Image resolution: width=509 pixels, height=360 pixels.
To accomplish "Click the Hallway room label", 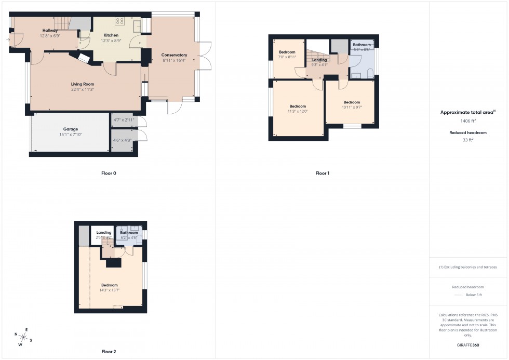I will click(50, 31).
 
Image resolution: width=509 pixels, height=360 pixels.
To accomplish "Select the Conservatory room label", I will click(174, 55).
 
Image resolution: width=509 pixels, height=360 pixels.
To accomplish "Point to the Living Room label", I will click(83, 84).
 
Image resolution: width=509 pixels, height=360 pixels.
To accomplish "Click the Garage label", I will click(71, 129).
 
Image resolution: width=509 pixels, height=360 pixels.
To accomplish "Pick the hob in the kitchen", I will click(120, 21).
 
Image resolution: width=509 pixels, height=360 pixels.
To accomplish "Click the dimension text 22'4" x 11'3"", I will click(83, 89).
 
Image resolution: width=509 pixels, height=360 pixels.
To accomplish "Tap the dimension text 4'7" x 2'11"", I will click(124, 120).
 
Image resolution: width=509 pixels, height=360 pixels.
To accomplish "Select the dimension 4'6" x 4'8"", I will click(124, 140).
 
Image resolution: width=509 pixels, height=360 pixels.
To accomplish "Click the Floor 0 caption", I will click(109, 173).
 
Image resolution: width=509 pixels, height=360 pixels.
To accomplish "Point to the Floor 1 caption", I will click(322, 173).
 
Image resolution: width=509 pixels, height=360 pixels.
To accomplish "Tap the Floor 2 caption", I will click(109, 352).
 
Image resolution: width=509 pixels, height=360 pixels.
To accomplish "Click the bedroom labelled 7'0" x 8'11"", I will click(287, 57).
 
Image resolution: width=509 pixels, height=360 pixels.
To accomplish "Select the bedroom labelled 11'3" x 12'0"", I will click(298, 111).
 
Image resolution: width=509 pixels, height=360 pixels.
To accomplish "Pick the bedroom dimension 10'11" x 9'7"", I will click(352, 108).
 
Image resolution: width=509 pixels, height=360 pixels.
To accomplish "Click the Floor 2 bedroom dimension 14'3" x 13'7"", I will click(110, 290).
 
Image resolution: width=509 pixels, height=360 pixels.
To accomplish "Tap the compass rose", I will click(23, 337).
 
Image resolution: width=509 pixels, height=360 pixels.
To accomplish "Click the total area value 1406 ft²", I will click(468, 121).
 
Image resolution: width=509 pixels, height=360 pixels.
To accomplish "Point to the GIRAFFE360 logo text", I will click(468, 345).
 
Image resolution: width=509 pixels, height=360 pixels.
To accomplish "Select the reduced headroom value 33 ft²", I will click(468, 140).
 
